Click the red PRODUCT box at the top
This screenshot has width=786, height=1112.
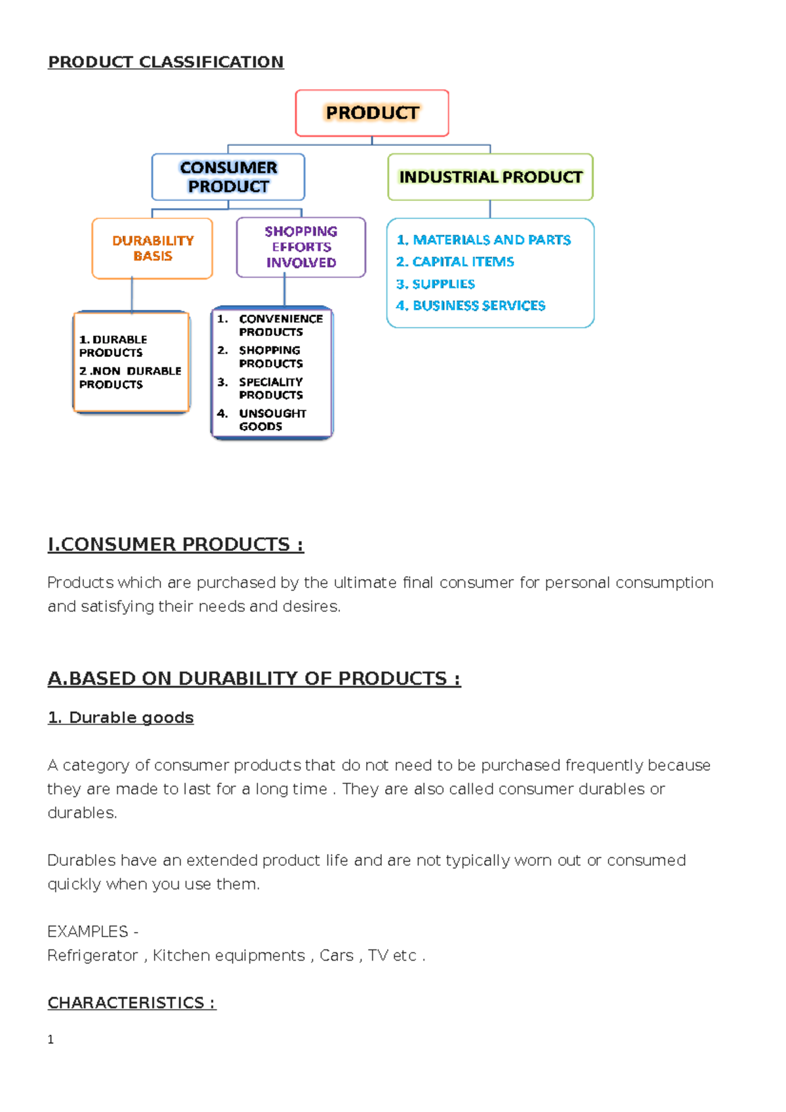(372, 113)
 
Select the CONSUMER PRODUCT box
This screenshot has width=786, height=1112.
(228, 177)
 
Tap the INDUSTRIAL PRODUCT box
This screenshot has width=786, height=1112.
(490, 177)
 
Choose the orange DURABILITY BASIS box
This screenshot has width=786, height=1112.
(153, 248)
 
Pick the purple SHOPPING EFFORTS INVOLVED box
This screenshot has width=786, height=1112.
(301, 247)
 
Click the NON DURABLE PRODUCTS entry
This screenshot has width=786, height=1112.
(130, 377)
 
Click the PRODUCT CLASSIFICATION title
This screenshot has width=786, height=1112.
(166, 62)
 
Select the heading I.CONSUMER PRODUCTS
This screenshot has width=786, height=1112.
(176, 544)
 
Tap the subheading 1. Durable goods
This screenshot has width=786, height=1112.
(121, 718)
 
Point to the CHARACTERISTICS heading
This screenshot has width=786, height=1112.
(132, 1003)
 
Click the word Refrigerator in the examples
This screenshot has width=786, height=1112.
(92, 955)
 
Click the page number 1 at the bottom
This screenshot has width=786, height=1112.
(51, 1039)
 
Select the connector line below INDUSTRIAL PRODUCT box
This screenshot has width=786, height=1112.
(490, 210)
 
